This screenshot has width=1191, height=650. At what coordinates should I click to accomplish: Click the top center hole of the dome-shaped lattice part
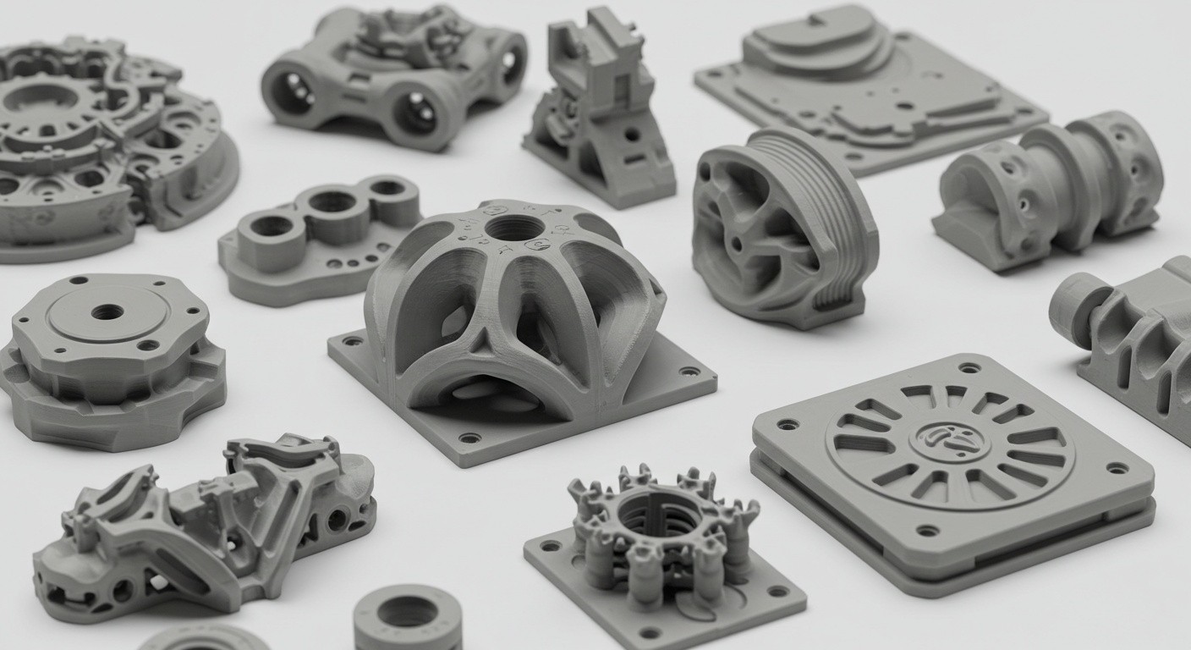tap(514, 227)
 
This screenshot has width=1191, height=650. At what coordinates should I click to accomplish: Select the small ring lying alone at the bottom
tap(408, 614)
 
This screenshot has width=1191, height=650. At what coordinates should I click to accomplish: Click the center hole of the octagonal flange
tap(107, 311)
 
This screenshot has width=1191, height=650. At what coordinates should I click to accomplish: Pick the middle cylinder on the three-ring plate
tap(332, 202)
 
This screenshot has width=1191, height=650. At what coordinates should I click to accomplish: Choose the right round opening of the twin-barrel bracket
tap(417, 112)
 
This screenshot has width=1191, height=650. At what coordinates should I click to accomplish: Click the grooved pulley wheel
tap(782, 227)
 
